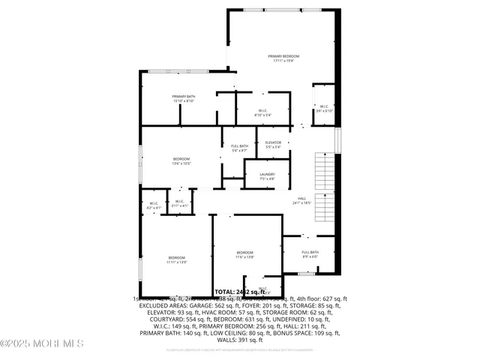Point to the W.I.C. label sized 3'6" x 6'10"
(x=324, y=106)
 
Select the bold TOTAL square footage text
(x=240, y=291)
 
